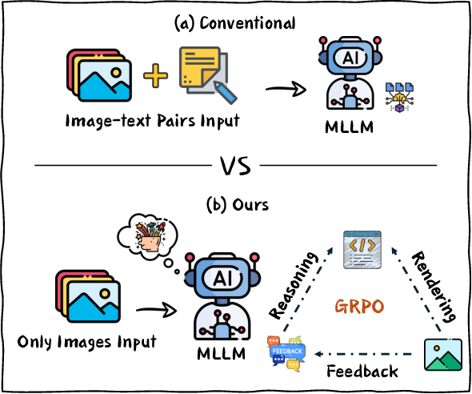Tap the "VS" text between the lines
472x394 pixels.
(236, 168)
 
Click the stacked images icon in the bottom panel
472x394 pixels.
(86, 295)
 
